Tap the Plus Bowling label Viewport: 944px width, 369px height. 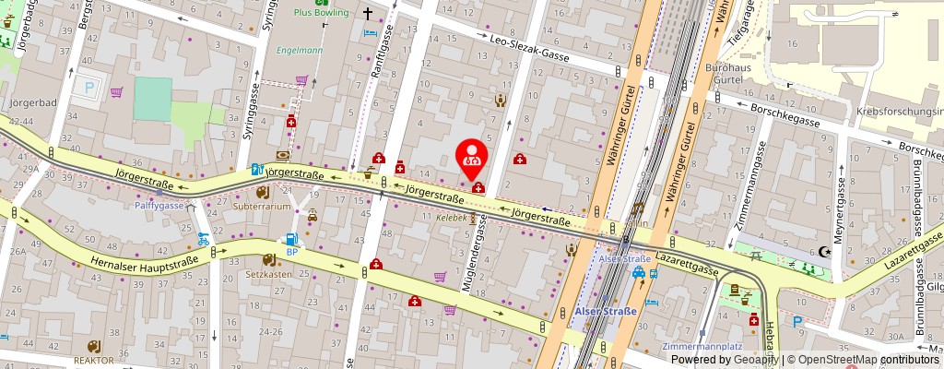pyautogui.click(x=321, y=13)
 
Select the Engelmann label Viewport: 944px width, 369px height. pyautogui.click(x=300, y=50)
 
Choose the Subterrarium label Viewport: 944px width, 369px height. pyautogui.click(x=262, y=207)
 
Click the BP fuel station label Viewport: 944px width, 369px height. pyautogui.click(x=292, y=252)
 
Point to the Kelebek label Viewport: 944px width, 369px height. pyautogui.click(x=452, y=219)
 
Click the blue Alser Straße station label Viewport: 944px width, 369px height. pyautogui.click(x=606, y=311)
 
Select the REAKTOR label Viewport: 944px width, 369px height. pyautogui.click(x=93, y=361)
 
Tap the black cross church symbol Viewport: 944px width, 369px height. pyautogui.click(x=366, y=14)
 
